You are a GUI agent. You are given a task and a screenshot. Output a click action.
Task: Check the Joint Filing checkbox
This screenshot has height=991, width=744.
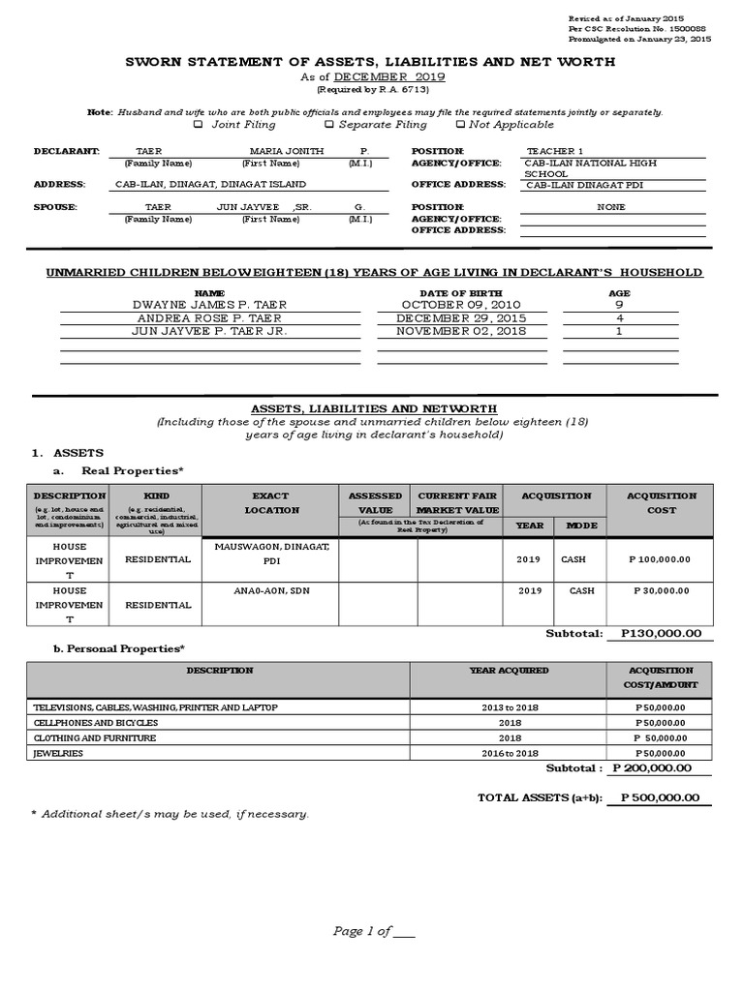click(199, 125)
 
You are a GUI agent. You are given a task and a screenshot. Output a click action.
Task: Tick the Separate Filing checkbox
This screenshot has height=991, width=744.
click(329, 125)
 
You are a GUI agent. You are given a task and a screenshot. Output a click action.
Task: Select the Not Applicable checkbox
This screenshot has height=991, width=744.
click(460, 125)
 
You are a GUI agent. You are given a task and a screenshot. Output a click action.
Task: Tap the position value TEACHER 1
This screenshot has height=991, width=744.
click(555, 152)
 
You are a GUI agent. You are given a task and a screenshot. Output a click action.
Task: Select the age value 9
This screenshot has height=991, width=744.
click(619, 305)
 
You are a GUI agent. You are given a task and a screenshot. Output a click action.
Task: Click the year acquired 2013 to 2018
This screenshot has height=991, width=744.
click(508, 708)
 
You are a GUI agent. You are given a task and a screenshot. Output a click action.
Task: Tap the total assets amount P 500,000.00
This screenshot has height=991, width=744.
click(658, 798)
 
